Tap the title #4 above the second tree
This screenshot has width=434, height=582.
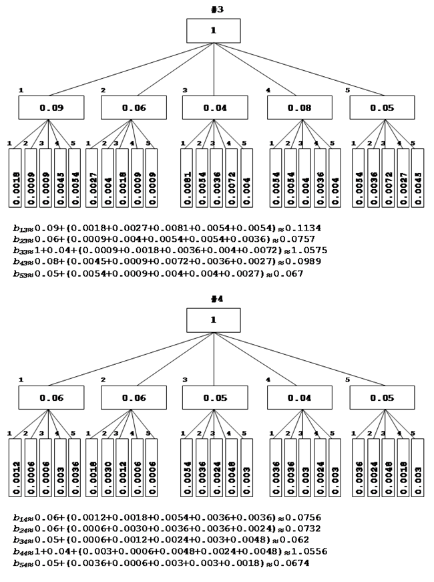[x=214, y=298]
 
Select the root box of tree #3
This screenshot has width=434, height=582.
[x=214, y=31]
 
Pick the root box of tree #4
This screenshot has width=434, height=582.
[x=214, y=320]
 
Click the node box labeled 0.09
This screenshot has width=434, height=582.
[x=51, y=108]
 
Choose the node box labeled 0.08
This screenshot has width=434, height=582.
[x=299, y=108]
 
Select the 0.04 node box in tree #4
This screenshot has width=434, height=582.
[x=299, y=398]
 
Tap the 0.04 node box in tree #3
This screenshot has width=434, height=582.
[x=214, y=108]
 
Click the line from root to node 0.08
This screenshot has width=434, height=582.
[x=258, y=69]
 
